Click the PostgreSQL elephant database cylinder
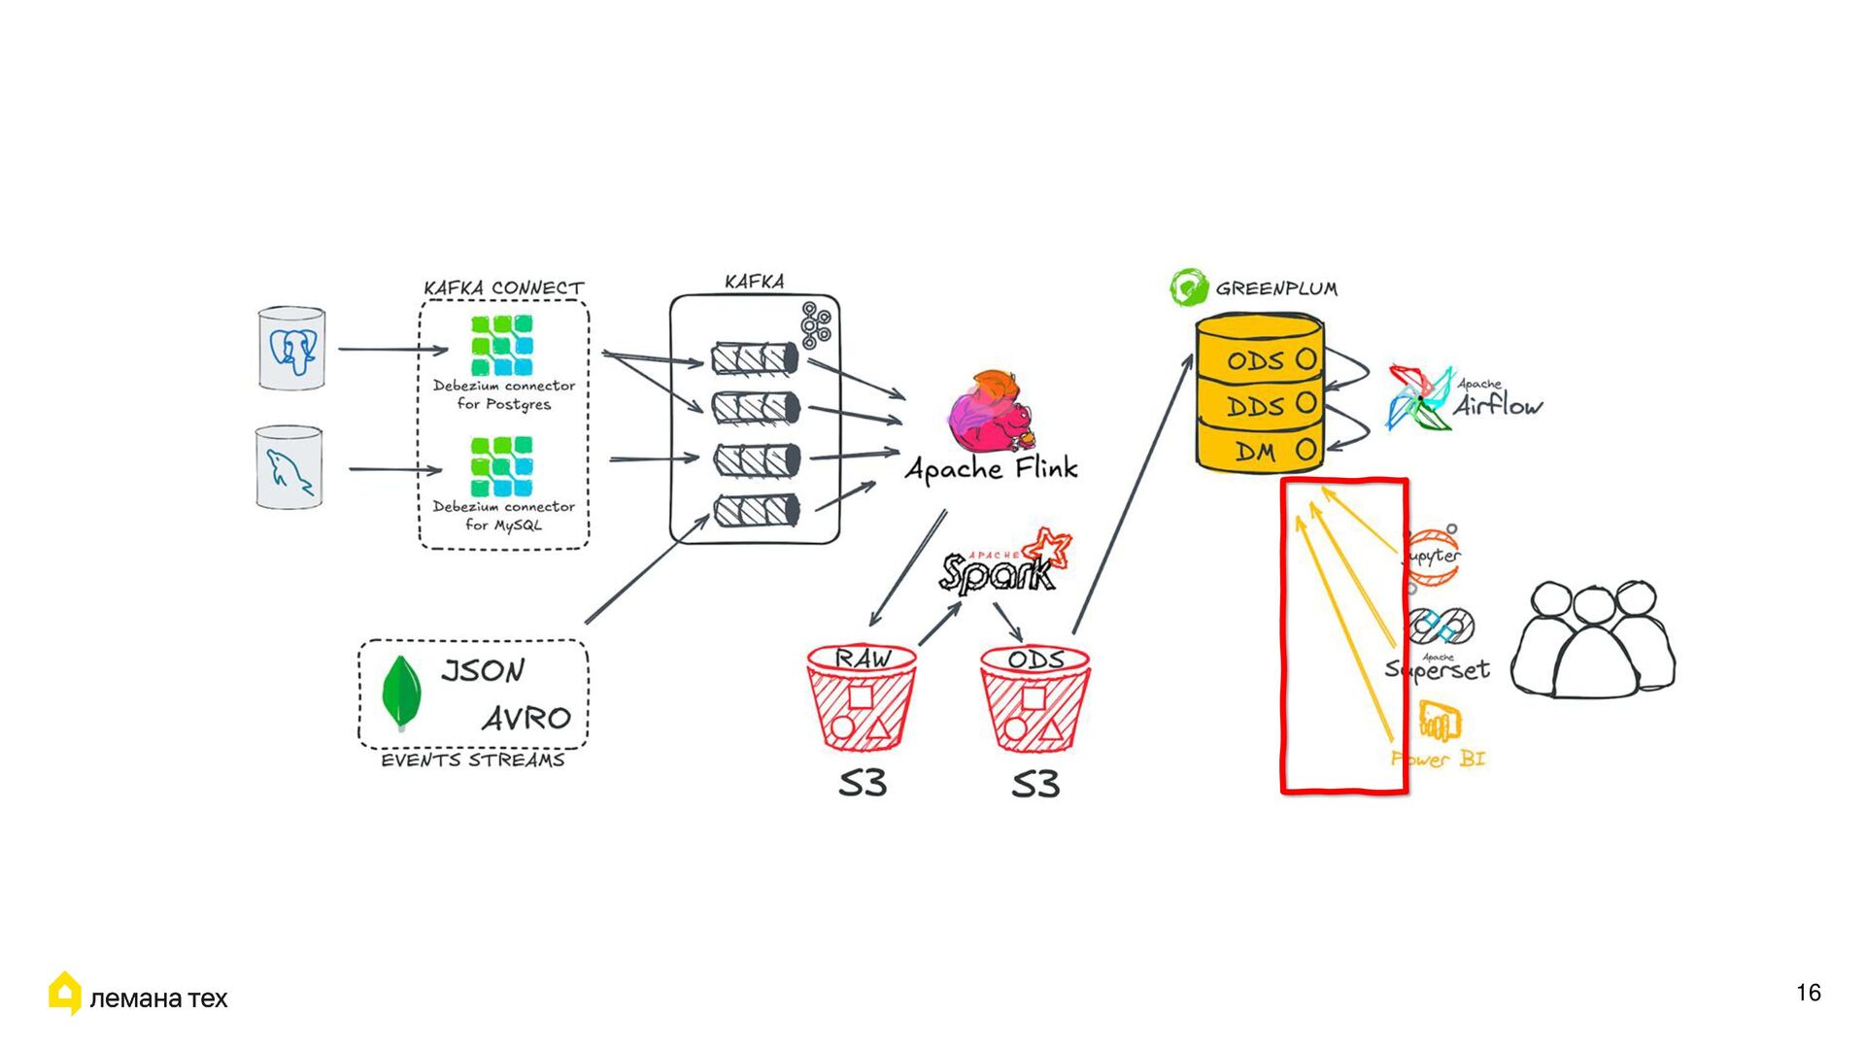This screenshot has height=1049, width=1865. pyautogui.click(x=291, y=349)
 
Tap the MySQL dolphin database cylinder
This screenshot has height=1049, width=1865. pyautogui.click(x=288, y=467)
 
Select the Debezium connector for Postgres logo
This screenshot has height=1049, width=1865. pyautogui.click(x=501, y=345)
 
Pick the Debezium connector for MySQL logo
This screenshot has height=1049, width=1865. pyautogui.click(x=501, y=466)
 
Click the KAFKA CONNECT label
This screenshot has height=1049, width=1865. pyautogui.click(x=503, y=288)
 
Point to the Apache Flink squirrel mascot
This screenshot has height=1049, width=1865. pyautogui.click(x=991, y=414)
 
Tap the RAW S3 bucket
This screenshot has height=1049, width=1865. pyautogui.click(x=861, y=698)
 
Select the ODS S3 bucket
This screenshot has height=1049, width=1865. pyautogui.click(x=1034, y=698)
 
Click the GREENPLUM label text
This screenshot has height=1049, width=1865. pyautogui.click(x=1276, y=288)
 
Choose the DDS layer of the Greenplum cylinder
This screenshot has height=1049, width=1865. pyautogui.click(x=1259, y=406)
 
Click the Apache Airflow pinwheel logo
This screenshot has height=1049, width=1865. pyautogui.click(x=1419, y=398)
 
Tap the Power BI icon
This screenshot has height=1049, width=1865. pyautogui.click(x=1439, y=722)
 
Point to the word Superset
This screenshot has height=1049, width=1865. pyautogui.click(x=1438, y=670)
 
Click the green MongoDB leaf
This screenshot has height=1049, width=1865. pyautogui.click(x=401, y=692)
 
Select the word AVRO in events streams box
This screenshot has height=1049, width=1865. pyautogui.click(x=526, y=719)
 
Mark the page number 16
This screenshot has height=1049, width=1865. pyautogui.click(x=1808, y=993)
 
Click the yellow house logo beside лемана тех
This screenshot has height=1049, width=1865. pyautogui.click(x=64, y=993)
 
